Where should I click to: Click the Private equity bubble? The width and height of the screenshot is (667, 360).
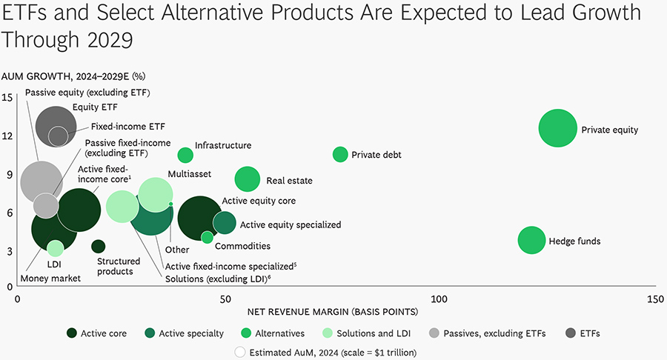tap(558, 128)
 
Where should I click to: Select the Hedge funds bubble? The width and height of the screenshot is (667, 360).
tap(531, 240)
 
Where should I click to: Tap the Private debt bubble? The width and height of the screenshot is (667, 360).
tap(340, 154)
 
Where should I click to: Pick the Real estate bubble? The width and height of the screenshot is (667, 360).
tap(248, 179)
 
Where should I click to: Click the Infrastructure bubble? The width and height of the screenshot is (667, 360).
tap(185, 155)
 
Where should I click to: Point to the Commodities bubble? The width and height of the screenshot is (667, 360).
tap(208, 237)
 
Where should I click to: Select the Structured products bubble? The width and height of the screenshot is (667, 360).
tap(98, 246)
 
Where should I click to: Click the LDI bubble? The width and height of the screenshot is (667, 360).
tap(55, 248)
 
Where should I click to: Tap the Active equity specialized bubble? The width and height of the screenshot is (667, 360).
tap(225, 221)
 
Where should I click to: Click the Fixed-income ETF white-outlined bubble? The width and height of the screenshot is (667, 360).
tap(58, 136)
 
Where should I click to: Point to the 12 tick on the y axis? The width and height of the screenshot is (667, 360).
tap(7, 136)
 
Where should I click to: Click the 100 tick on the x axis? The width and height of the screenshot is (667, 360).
tap(440, 299)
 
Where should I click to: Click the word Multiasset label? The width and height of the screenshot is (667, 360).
tap(189, 173)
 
